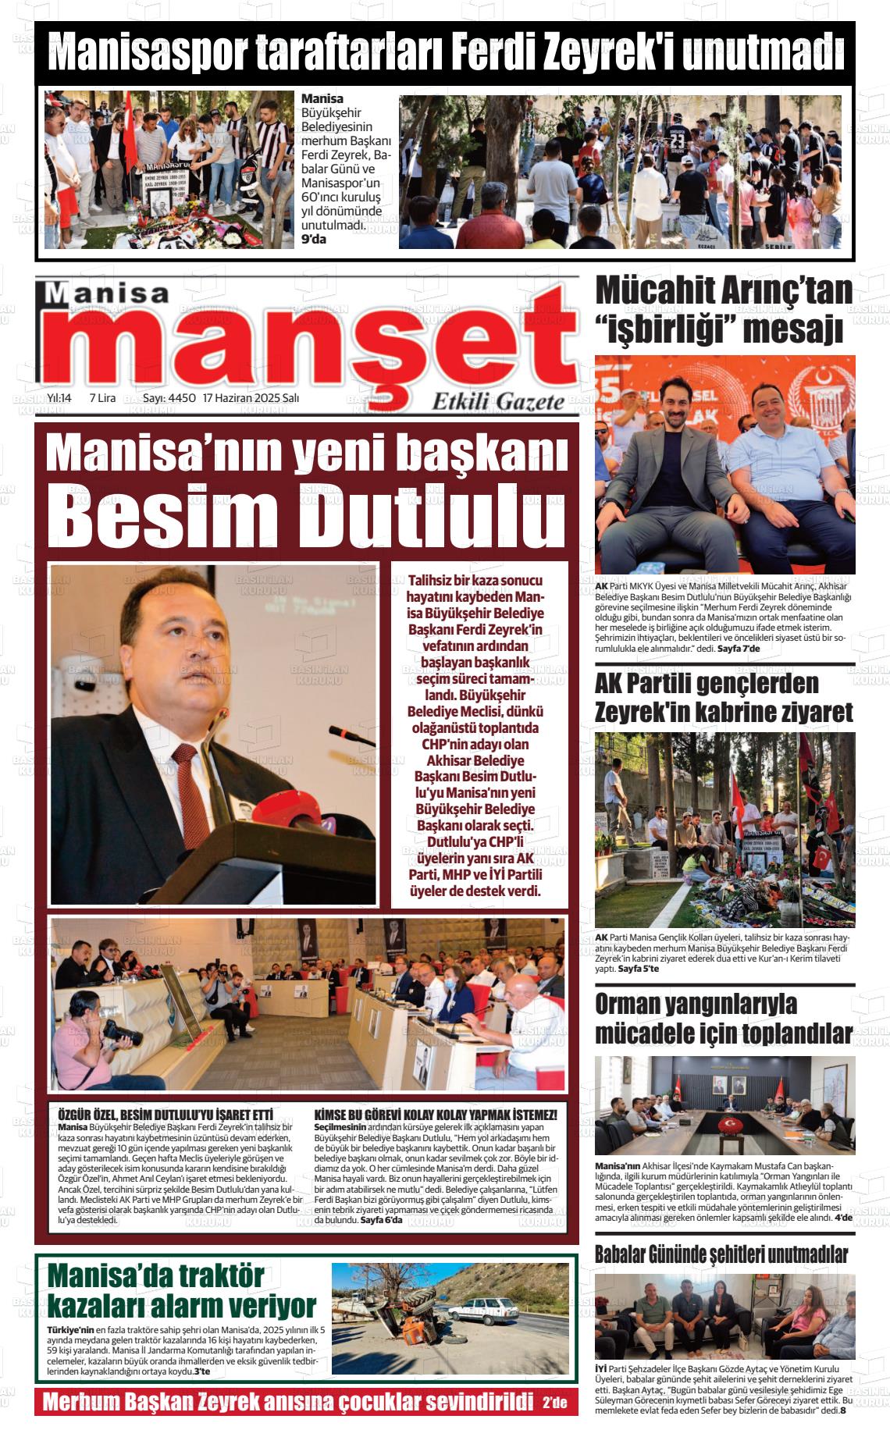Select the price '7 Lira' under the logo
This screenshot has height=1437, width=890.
(x=102, y=397)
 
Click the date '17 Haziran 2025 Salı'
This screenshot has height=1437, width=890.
(x=251, y=397)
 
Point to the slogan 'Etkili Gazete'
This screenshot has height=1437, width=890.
(x=498, y=402)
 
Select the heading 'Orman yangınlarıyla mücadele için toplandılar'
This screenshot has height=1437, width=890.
(x=723, y=1019)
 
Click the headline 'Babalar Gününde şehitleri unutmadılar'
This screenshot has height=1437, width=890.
(x=721, y=1254)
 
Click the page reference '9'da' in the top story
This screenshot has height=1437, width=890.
(x=314, y=239)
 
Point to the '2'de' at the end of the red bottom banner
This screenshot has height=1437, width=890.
(x=555, y=1402)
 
